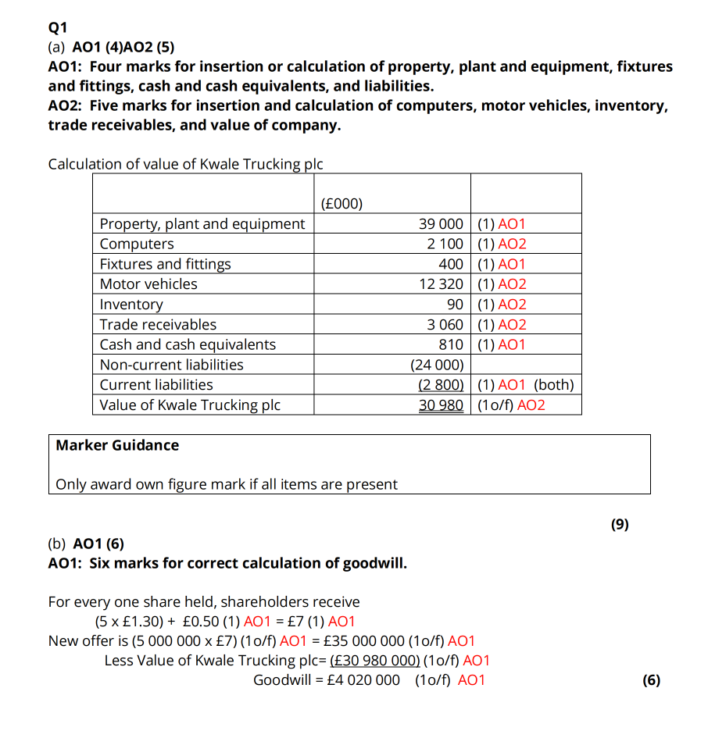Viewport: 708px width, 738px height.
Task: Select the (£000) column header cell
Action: tap(341, 204)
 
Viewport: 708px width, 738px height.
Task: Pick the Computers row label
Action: tap(137, 244)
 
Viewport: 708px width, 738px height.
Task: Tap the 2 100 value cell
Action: tap(445, 244)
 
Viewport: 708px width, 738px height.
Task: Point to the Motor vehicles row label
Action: tap(148, 284)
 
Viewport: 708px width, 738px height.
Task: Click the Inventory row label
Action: tap(131, 305)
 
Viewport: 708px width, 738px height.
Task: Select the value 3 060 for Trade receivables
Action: tap(445, 324)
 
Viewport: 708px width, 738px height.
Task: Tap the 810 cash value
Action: tap(451, 344)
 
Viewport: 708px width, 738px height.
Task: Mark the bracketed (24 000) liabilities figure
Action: tap(437, 365)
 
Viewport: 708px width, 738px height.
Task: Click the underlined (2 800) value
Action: tap(441, 385)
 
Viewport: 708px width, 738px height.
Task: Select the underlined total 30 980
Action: tap(441, 405)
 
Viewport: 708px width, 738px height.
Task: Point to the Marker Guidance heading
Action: tap(117, 445)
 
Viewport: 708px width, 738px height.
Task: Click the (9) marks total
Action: tap(619, 525)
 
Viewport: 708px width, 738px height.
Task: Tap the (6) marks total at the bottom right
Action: tap(651, 680)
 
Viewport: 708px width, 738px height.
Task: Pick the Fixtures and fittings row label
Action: tap(165, 264)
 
